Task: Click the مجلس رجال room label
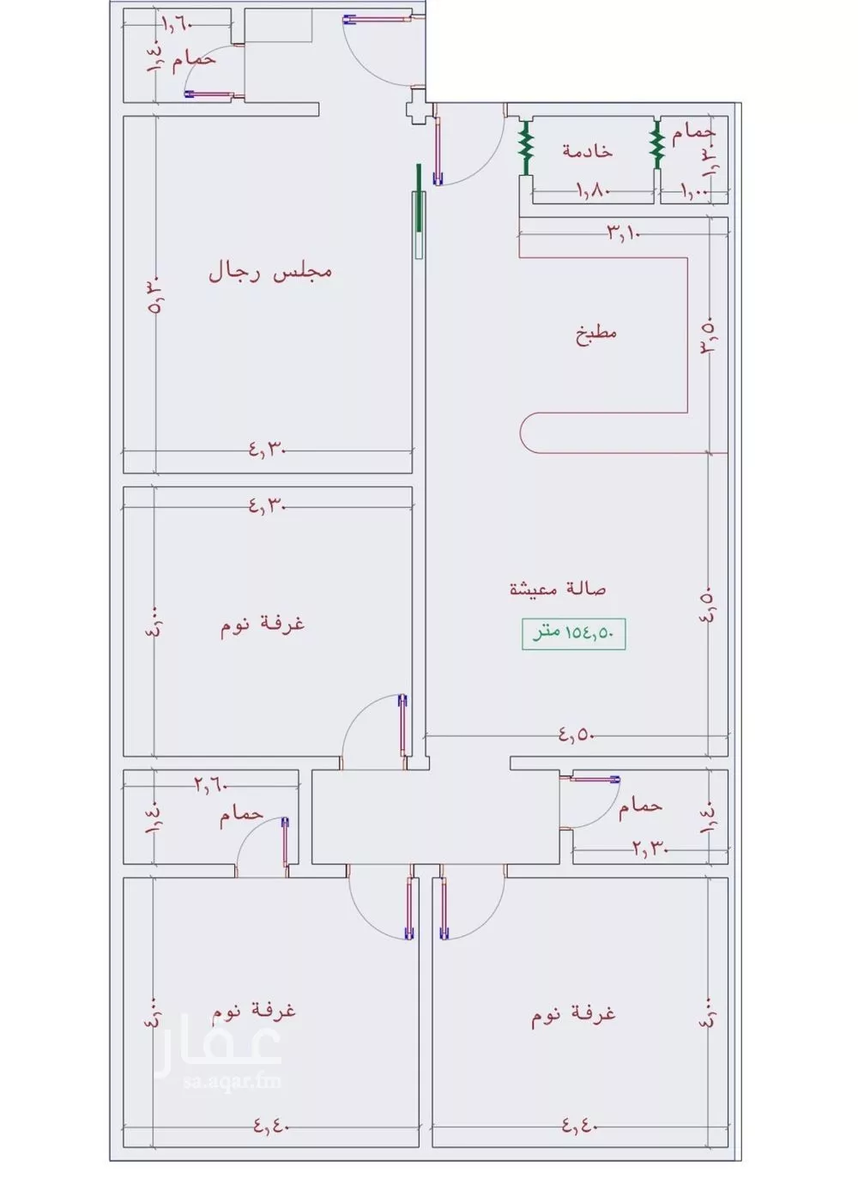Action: (x=269, y=273)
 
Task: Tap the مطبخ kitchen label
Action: (x=596, y=333)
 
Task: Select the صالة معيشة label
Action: (x=558, y=589)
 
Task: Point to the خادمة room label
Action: (x=588, y=151)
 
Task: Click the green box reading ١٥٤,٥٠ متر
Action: (x=573, y=633)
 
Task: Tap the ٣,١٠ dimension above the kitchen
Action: (x=625, y=232)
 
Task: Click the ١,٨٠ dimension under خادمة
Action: (x=592, y=190)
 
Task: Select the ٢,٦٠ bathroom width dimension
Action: (x=210, y=783)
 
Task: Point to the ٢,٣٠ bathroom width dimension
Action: (x=650, y=849)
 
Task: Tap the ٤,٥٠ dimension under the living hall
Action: (x=577, y=734)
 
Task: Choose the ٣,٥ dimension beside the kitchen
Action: (x=709, y=336)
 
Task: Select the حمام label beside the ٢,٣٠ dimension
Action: (x=640, y=806)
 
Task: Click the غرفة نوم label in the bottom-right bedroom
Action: (x=573, y=1014)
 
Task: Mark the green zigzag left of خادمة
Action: (x=526, y=147)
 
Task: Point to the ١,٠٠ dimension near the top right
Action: (x=694, y=190)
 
